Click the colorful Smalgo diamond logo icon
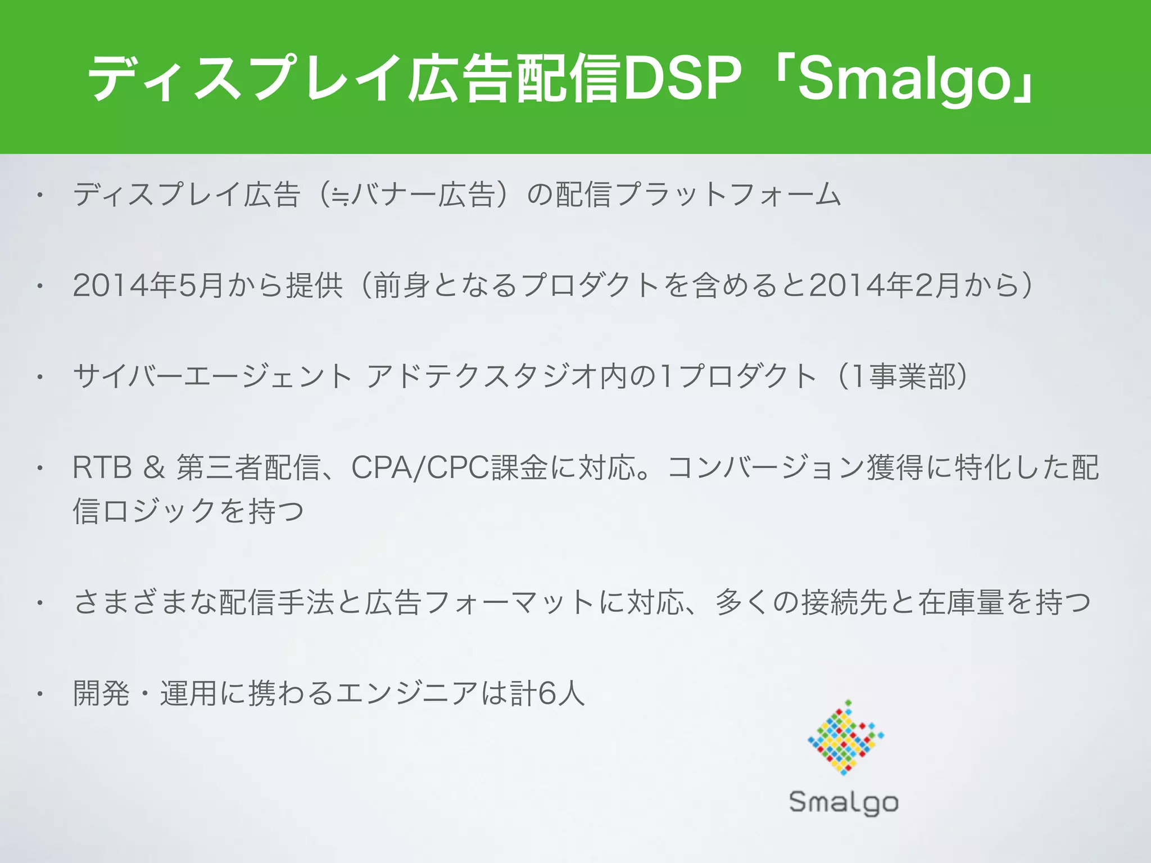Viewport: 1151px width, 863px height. tap(845, 738)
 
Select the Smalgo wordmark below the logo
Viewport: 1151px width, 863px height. tap(844, 802)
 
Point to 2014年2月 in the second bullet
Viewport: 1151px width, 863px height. tap(885, 285)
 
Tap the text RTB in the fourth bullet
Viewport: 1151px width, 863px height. tap(102, 467)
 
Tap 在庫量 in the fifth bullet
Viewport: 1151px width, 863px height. tap(961, 602)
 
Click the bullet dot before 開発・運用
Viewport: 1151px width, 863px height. tap(40, 694)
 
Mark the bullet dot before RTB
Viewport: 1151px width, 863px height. tap(40, 469)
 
